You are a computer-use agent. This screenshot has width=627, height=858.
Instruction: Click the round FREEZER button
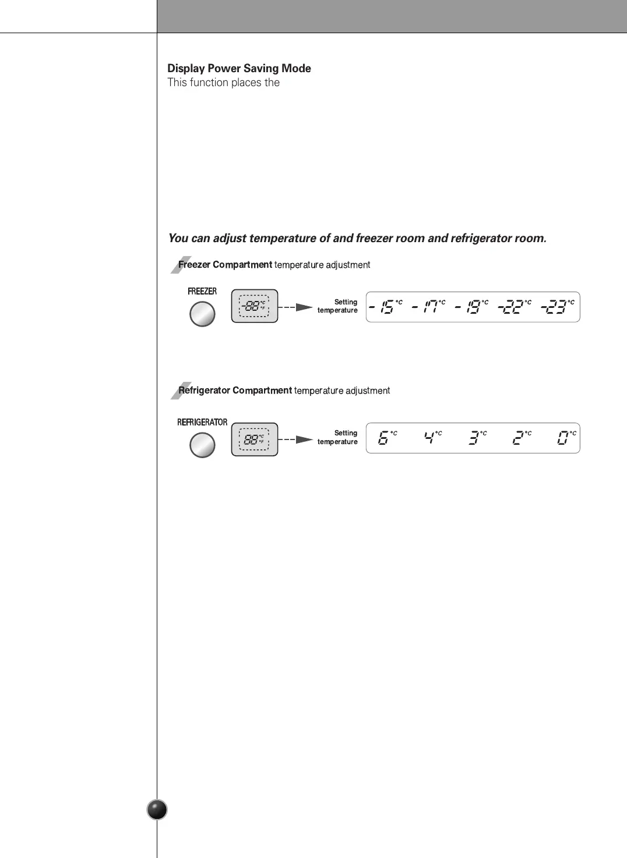[x=202, y=314]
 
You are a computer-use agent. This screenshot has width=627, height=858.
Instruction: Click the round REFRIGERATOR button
[x=202, y=445]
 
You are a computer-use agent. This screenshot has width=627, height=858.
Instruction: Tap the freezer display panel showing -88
[x=255, y=306]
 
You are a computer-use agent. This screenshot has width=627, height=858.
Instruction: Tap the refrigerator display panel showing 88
[x=255, y=439]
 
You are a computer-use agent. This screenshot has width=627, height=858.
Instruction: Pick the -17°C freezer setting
[x=429, y=307]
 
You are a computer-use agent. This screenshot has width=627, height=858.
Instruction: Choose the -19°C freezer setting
[x=472, y=307]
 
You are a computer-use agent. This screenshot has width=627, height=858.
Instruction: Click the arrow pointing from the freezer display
[x=304, y=307]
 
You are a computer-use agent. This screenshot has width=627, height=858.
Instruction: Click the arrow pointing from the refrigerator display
[x=304, y=439]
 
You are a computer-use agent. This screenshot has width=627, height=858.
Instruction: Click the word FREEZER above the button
[x=202, y=291]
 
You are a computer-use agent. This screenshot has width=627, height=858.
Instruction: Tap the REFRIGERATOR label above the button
[x=202, y=422]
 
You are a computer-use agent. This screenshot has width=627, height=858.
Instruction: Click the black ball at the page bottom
[x=157, y=810]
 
